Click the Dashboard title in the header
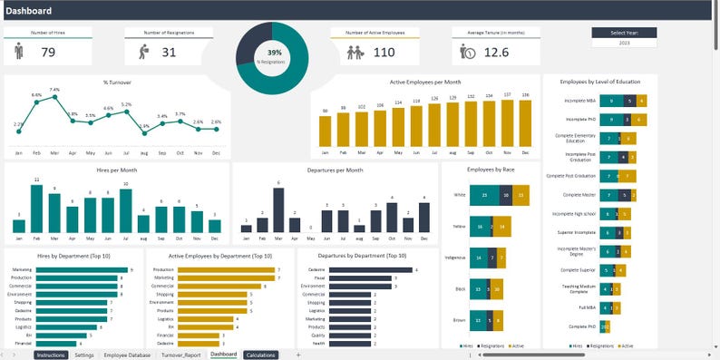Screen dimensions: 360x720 (x=29, y=11)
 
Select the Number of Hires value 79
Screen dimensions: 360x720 (x=49, y=52)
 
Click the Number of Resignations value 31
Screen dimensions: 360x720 (x=169, y=52)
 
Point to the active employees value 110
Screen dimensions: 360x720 (x=384, y=53)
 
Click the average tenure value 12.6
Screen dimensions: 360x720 (x=496, y=53)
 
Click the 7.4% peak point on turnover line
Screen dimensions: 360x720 (x=54, y=96)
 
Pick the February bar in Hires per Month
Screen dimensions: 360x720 (x=37, y=209)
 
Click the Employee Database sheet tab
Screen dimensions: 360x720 (x=127, y=355)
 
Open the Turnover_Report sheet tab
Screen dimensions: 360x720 (x=181, y=355)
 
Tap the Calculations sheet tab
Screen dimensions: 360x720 (x=260, y=355)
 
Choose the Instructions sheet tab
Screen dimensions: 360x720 (x=51, y=355)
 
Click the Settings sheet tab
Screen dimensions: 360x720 (x=84, y=355)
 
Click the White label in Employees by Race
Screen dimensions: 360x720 (x=460, y=194)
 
